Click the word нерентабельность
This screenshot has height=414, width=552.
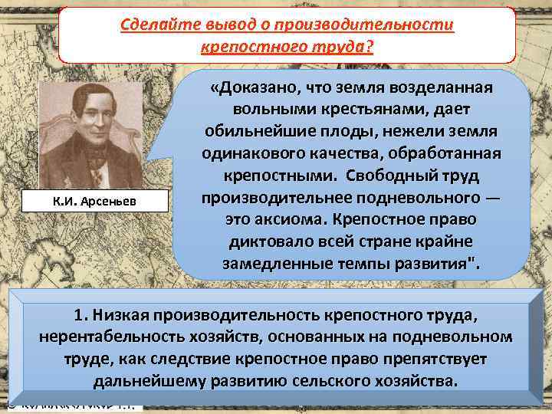click(x=106, y=337)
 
